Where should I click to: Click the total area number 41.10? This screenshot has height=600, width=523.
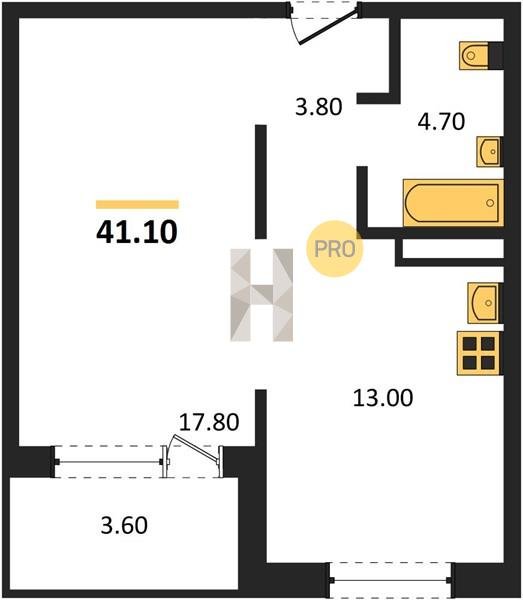[137, 232]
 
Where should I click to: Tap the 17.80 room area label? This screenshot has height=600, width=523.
[209, 422]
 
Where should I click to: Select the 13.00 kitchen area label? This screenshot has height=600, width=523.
[383, 398]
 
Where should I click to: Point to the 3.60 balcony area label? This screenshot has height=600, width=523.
[124, 525]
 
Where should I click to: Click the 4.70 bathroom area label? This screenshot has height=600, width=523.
[441, 122]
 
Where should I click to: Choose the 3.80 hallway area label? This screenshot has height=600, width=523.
[319, 107]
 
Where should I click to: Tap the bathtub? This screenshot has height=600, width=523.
[453, 203]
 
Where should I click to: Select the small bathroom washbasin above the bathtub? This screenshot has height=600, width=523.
[489, 152]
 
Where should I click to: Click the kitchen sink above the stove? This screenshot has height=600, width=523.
[484, 303]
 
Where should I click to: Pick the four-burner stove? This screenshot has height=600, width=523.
[479, 353]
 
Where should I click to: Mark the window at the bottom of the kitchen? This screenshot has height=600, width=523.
[390, 580]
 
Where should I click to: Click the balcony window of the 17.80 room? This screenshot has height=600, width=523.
[109, 462]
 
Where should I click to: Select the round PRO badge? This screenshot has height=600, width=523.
[334, 249]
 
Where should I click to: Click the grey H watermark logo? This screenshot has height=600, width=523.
[262, 295]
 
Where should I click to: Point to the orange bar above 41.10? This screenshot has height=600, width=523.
[137, 204]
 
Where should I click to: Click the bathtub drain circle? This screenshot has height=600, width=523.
[490, 203]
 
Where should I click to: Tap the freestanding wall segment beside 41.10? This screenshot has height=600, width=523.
[261, 182]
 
